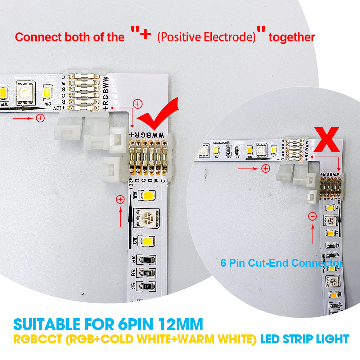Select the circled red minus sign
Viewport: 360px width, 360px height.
point(313,216)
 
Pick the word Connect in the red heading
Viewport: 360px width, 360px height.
point(34,37)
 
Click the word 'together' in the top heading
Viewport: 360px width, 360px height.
point(292,37)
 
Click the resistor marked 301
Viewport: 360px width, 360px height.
point(147,273)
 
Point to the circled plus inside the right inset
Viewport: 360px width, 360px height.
point(266,168)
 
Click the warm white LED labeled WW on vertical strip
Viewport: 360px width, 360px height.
point(148,196)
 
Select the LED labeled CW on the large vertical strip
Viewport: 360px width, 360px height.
point(148,240)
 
